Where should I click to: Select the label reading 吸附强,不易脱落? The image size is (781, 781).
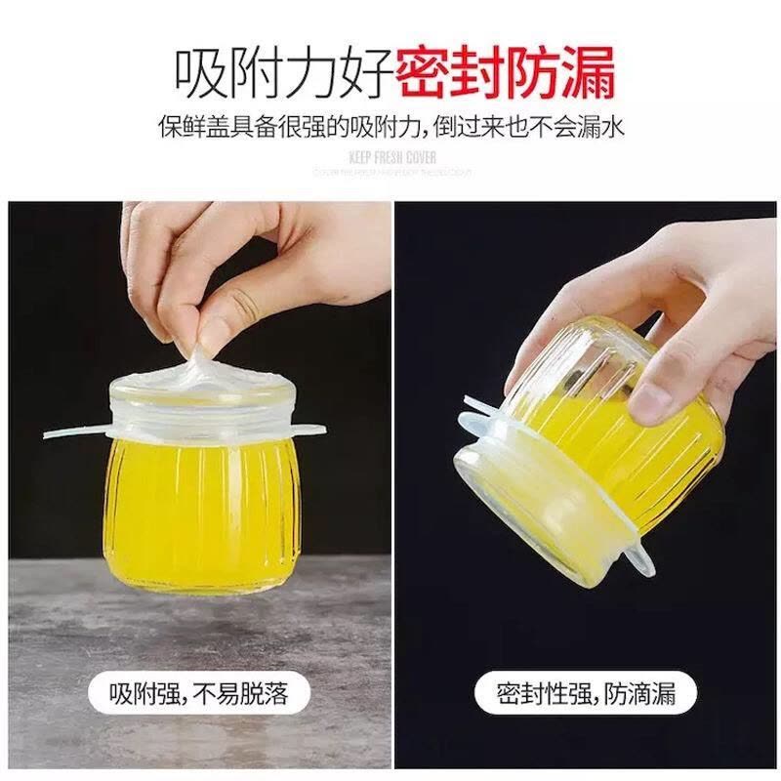[x=198, y=694]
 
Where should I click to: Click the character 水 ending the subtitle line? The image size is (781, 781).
[x=613, y=127]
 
